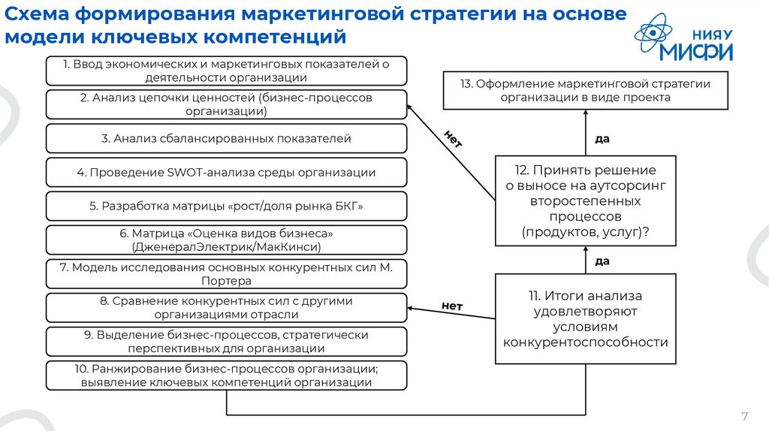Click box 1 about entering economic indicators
click(x=226, y=71)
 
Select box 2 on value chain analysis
click(x=226, y=104)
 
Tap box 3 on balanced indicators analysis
click(x=226, y=139)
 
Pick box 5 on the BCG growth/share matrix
click(x=226, y=206)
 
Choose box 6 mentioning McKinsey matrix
click(x=226, y=240)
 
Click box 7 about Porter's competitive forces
click(x=226, y=274)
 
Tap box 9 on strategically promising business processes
click(x=226, y=342)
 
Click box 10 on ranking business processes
click(x=226, y=375)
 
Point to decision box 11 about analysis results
click(x=585, y=319)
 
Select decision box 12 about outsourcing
click(x=585, y=200)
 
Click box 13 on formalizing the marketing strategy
click(x=585, y=90)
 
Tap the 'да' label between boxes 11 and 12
click(x=602, y=261)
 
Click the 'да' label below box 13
click(x=602, y=139)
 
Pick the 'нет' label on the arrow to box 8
click(x=452, y=306)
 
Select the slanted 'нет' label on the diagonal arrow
click(x=453, y=140)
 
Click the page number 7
click(x=744, y=417)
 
